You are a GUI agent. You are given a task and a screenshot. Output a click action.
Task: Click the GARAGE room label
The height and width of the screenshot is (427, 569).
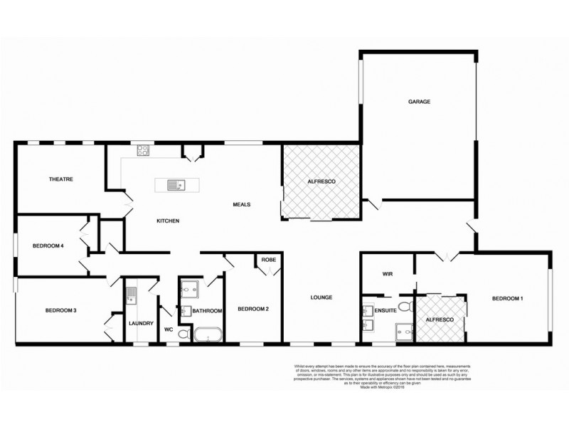[x=419, y=102]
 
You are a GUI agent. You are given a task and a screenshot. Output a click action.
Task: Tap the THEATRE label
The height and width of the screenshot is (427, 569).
[x=62, y=179]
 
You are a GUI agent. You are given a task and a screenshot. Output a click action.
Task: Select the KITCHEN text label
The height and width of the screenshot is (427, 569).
[x=168, y=221]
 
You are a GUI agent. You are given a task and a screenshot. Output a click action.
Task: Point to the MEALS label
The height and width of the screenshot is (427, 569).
[x=242, y=204]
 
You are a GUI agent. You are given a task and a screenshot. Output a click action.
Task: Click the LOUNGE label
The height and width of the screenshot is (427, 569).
[x=322, y=297]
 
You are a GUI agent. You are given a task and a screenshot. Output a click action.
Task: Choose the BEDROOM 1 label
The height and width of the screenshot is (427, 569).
[x=508, y=298]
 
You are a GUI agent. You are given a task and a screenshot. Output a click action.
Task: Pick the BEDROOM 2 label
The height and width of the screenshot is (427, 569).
[x=252, y=309]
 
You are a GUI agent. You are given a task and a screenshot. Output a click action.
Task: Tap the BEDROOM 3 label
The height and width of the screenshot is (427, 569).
[x=60, y=310]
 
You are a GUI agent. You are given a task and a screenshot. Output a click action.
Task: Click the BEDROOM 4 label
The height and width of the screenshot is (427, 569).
[x=48, y=246]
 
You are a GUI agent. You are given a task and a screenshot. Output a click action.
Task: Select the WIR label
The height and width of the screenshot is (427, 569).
[x=388, y=273]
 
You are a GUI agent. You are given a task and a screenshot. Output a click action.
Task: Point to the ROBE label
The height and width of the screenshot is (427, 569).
[x=268, y=260]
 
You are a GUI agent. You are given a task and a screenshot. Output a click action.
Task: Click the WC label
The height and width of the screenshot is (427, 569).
[x=169, y=330]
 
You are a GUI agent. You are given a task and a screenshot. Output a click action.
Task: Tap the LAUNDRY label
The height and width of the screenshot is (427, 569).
[x=141, y=323]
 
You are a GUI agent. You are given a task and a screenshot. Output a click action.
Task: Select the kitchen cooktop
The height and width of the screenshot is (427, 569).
[x=143, y=150]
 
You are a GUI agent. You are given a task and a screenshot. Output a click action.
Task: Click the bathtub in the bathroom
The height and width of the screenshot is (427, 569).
[x=208, y=334]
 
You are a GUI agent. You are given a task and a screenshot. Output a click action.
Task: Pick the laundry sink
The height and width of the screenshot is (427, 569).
[x=131, y=294]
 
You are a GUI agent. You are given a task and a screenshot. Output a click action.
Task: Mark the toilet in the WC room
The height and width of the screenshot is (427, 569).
[x=182, y=333]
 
